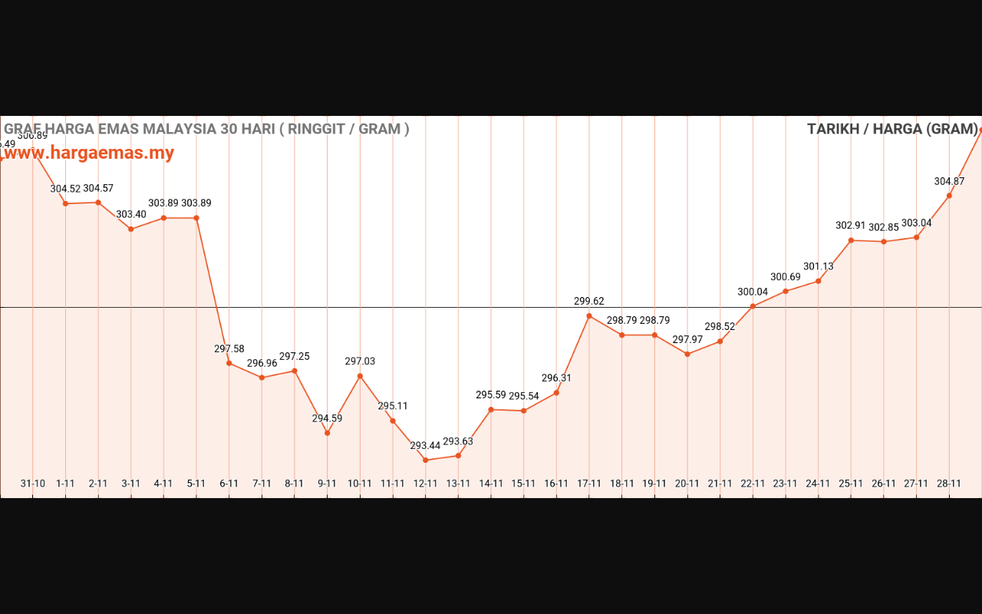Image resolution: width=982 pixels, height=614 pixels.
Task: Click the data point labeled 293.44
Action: point(425,460)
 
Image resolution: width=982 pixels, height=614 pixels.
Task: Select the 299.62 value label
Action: point(589,302)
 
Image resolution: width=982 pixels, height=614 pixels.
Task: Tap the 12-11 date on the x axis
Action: point(425,484)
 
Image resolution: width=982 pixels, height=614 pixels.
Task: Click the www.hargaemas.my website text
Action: point(89,153)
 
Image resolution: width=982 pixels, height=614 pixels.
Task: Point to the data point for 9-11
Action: point(327,433)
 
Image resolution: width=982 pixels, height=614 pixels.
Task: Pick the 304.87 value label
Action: point(949,182)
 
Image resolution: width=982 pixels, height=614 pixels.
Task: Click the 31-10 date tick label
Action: point(32,484)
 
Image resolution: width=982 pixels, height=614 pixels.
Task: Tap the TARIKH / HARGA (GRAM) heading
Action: point(892,129)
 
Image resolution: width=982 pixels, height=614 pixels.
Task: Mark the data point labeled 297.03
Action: point(360,375)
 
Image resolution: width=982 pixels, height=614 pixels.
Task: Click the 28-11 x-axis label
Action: point(949,484)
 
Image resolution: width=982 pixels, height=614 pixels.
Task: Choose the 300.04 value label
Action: point(753,292)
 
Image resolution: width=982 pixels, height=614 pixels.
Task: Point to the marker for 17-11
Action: point(589,315)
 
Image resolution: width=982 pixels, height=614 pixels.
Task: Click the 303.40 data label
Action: point(131,214)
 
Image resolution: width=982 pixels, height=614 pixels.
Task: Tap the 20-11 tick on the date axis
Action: point(687,484)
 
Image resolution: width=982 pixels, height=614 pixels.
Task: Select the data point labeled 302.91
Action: point(851,240)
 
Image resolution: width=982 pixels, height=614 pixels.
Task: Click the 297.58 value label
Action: point(229,349)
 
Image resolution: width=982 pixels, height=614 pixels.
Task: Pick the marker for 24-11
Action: point(818,281)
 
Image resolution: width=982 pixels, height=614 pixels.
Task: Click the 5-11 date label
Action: point(196,484)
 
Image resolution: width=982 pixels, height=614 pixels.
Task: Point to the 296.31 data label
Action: point(556,378)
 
